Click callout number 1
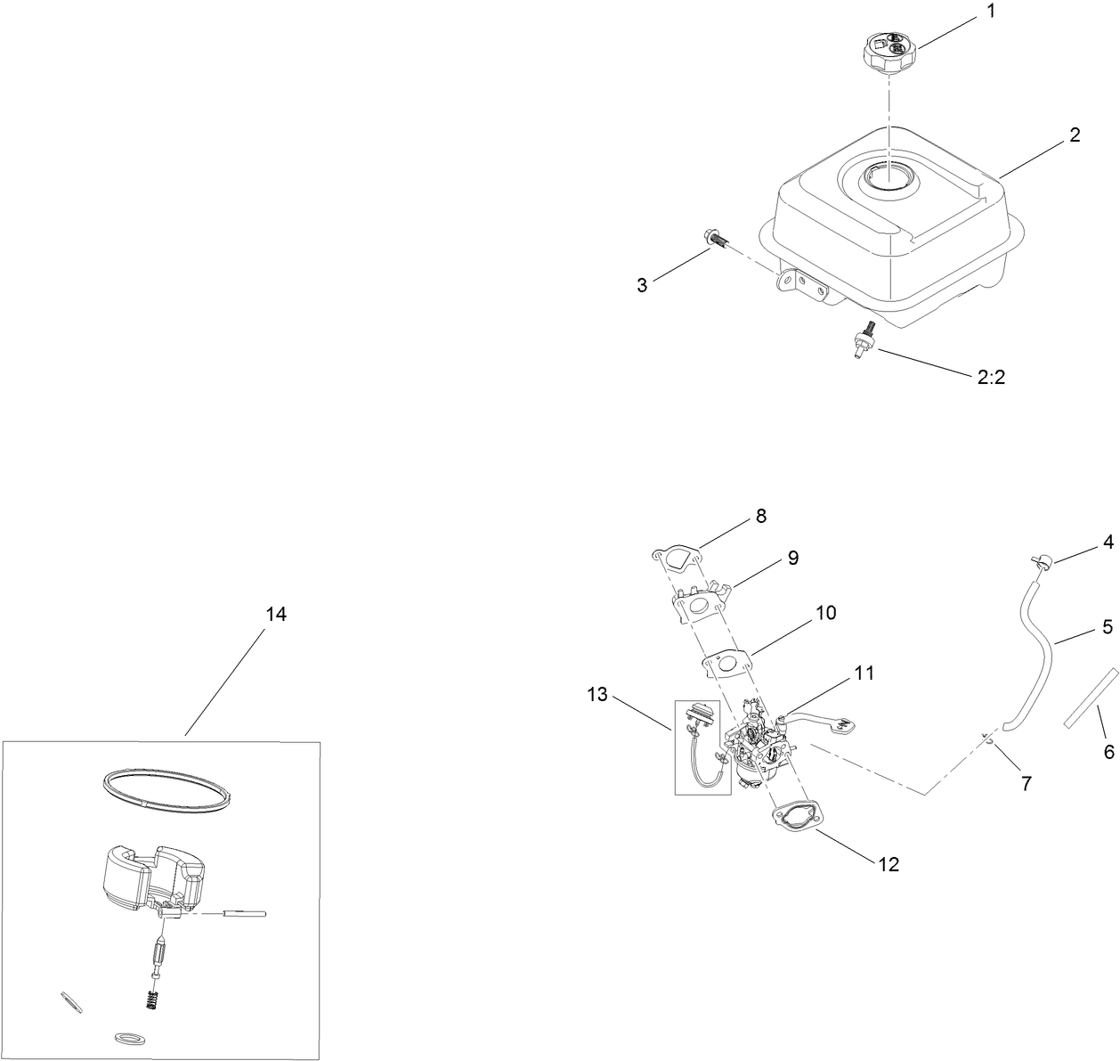992,12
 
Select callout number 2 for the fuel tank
1075,135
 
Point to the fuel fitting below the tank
863,342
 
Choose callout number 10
826,612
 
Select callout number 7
1026,783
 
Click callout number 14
276,614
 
